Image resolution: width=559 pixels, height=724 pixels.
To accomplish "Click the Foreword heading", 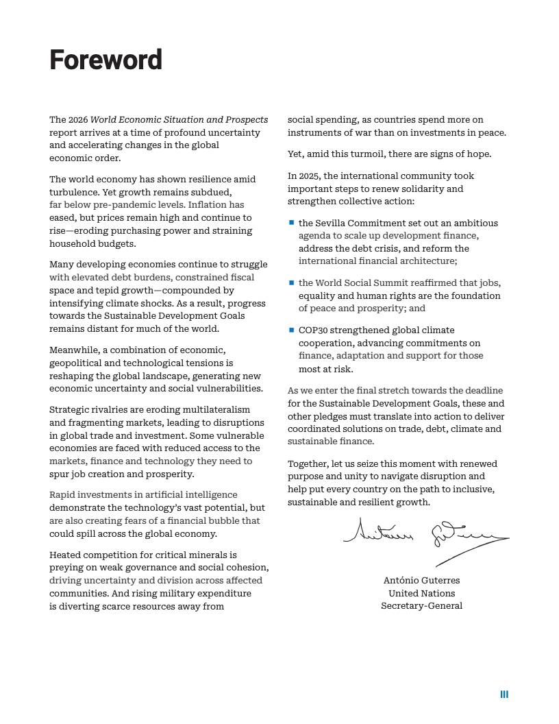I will [105, 60].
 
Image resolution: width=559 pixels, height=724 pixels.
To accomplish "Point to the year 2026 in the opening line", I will [77, 120].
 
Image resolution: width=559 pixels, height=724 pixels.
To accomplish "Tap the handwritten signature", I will [425, 534].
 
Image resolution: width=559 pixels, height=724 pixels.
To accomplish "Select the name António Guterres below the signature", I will [421, 580].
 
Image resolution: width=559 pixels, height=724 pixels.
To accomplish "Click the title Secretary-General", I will [421, 606].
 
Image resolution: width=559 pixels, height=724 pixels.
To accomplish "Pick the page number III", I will [504, 695].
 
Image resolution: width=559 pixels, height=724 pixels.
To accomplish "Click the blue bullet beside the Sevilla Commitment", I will [291, 223].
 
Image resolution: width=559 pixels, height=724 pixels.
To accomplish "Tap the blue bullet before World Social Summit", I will [291, 282].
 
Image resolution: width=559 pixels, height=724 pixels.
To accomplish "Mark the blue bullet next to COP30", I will [291, 330].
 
